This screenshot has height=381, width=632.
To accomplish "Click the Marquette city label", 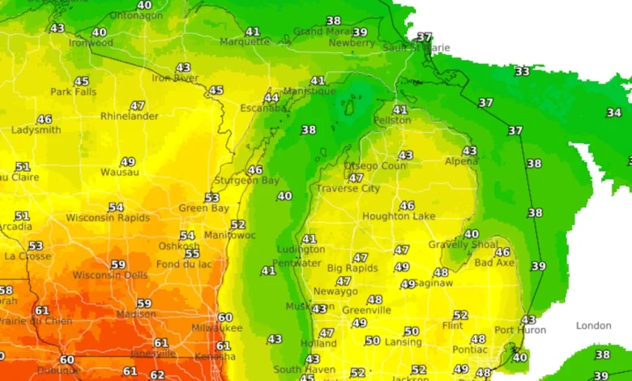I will [245, 41].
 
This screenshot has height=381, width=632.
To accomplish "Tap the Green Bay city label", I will [203, 208].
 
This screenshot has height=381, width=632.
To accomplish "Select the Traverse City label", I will [348, 189].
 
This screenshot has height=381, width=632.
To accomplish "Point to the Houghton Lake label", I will [399, 216].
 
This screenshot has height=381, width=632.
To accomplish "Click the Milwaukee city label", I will [216, 328].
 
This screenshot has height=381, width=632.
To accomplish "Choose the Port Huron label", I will [520, 330].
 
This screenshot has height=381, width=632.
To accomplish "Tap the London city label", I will [593, 326].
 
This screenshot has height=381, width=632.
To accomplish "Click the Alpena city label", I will [461, 161].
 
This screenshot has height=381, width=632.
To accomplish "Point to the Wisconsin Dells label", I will [111, 275].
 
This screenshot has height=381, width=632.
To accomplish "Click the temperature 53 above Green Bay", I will [211, 197].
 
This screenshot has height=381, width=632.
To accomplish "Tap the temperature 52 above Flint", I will [460, 315].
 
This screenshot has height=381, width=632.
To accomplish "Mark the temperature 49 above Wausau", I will [127, 161].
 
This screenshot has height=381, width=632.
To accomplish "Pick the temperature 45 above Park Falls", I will [81, 81].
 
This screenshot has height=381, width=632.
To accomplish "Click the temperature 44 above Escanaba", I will [271, 97].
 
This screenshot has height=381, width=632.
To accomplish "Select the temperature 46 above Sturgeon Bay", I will [255, 169].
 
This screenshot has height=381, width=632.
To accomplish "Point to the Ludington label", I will [301, 250].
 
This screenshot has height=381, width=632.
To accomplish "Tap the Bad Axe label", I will [493, 263].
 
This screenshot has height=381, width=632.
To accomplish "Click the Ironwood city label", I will [91, 43].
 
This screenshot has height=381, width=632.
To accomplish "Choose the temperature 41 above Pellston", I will [400, 109].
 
